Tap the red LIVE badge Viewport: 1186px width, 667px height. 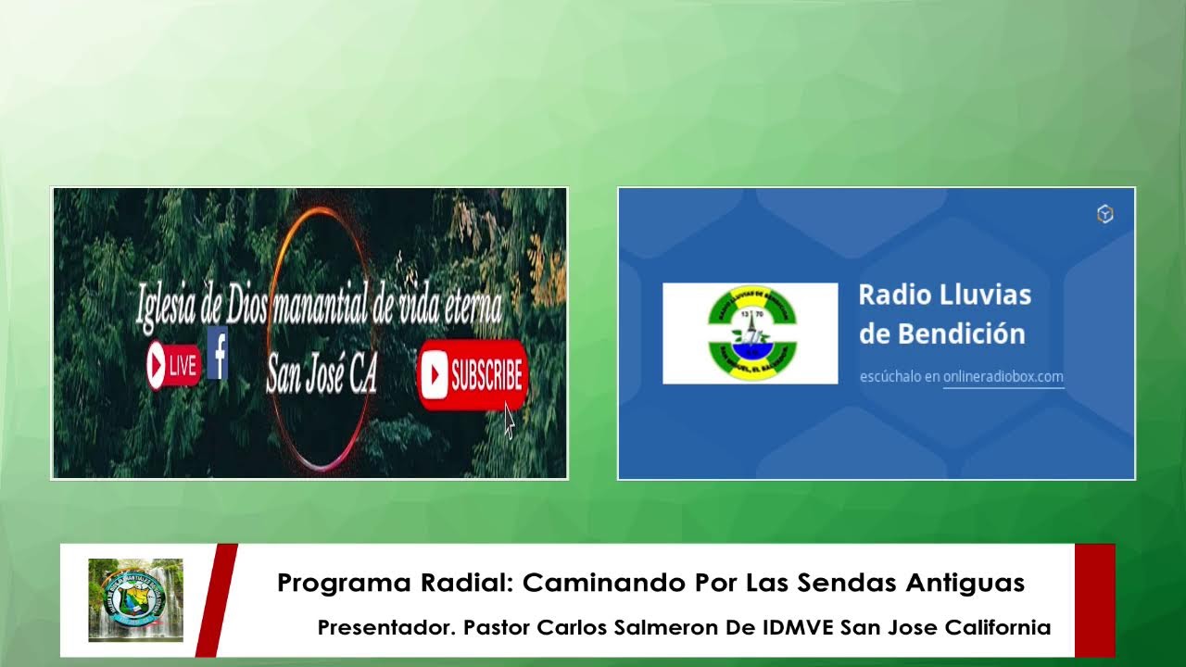click(173, 365)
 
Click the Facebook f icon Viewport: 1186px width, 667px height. click(218, 353)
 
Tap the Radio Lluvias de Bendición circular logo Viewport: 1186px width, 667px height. click(751, 333)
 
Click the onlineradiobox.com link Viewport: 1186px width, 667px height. click(1003, 376)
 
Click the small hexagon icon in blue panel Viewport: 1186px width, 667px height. click(1104, 215)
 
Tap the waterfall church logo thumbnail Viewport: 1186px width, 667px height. click(135, 600)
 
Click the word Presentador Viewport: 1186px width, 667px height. click(385, 627)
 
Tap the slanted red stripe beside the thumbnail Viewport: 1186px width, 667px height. click(216, 599)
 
